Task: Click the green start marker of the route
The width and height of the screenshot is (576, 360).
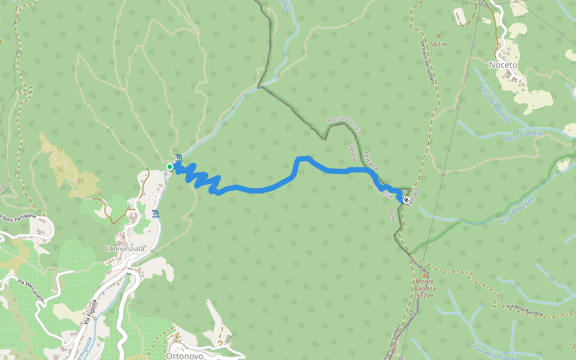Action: tap(170, 166)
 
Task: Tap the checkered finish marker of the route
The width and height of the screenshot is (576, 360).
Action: tap(407, 200)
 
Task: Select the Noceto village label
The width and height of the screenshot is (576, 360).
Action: tap(503, 65)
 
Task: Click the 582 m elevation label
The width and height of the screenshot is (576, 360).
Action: tap(440, 44)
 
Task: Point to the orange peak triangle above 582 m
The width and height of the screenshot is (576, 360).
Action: tap(438, 35)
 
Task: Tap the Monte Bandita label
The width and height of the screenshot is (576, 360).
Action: tap(424, 288)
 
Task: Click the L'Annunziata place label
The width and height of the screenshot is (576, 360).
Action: tap(125, 248)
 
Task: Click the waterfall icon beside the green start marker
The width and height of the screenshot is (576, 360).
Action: tap(178, 157)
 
